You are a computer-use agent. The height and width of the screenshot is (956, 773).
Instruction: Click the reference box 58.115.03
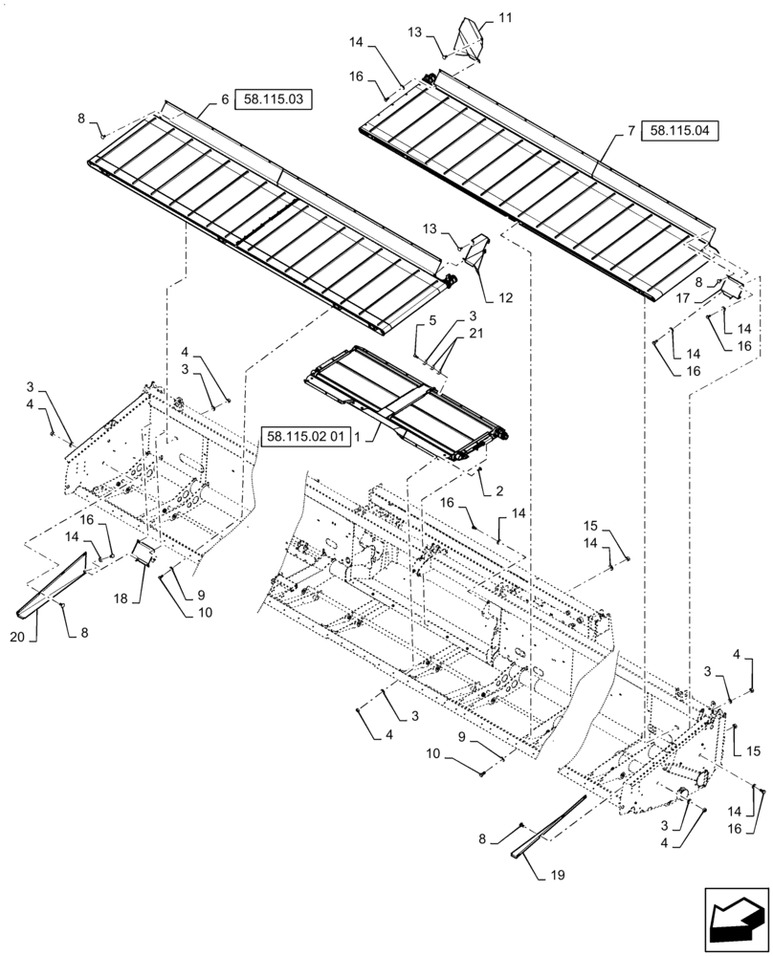(x=272, y=99)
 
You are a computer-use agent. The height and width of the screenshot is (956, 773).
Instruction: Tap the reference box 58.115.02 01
(x=304, y=436)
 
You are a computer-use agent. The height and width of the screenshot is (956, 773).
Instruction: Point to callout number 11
(x=505, y=17)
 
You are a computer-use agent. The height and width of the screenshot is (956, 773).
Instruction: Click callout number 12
(x=505, y=297)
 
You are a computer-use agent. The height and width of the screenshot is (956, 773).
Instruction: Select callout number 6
(x=225, y=99)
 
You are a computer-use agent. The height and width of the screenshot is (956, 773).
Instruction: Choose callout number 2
(x=499, y=491)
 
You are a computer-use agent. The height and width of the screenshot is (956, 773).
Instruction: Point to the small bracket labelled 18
(x=144, y=552)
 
